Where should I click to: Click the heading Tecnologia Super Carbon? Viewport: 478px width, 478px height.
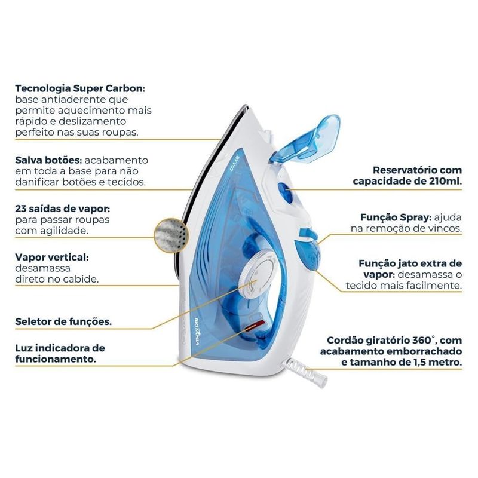[x=79, y=88]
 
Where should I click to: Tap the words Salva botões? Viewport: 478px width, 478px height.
[x=48, y=161]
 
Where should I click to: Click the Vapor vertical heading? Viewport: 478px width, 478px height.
[x=51, y=257]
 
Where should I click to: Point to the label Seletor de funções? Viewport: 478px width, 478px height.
[x=63, y=321]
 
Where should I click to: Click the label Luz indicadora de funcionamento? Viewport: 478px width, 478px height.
[x=60, y=353]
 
